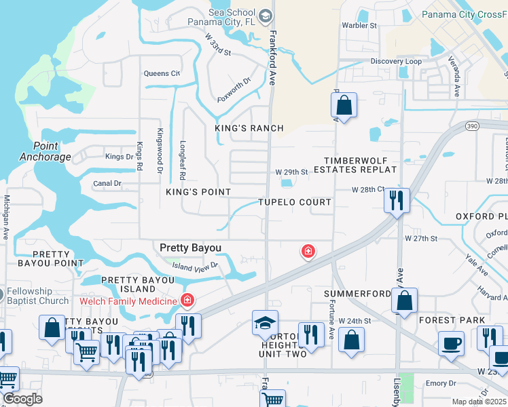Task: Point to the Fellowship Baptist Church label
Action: (x=38, y=296)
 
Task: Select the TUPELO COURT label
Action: (x=295, y=202)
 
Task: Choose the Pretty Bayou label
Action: (x=190, y=248)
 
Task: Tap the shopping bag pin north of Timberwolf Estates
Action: (x=344, y=106)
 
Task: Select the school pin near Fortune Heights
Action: (x=265, y=323)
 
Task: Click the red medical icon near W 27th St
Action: (x=308, y=252)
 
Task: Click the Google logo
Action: (x=22, y=399)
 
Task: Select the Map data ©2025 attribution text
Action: (x=479, y=402)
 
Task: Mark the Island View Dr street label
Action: (x=194, y=267)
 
